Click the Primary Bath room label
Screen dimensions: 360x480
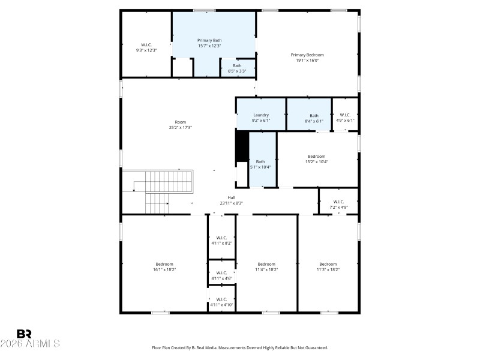click(x=209, y=40)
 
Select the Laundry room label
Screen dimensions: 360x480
click(x=261, y=115)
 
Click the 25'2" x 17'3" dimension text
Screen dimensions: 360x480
click(x=180, y=127)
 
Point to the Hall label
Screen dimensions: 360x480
click(x=231, y=197)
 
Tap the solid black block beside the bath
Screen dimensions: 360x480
click(x=242, y=146)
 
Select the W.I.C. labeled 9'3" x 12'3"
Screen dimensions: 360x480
click(x=147, y=47)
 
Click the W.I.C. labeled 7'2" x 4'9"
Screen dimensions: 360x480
click(x=338, y=205)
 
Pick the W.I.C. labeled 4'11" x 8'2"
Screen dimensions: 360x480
click(x=221, y=240)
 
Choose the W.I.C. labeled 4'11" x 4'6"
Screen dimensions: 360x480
click(x=221, y=275)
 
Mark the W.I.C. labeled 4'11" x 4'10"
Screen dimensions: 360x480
click(x=221, y=302)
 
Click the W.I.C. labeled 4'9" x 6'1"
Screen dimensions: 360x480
click(x=345, y=118)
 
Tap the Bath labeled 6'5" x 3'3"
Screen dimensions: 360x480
click(x=238, y=68)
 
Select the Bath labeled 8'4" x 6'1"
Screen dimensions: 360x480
click(x=314, y=118)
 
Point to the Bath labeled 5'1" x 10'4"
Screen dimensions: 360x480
click(x=260, y=164)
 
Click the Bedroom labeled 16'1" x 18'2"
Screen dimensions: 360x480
click(x=164, y=267)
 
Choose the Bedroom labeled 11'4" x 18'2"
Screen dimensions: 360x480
click(x=266, y=267)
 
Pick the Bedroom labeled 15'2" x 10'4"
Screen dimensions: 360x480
click(x=317, y=158)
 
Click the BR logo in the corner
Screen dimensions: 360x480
click(x=25, y=334)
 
